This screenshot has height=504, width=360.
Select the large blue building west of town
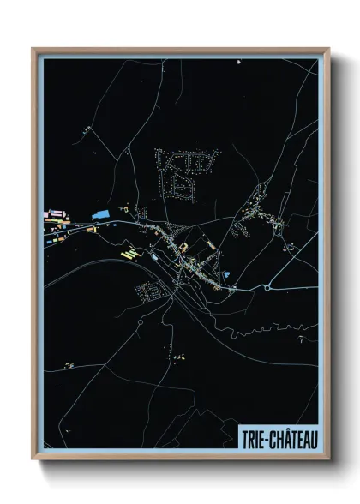click(100, 211)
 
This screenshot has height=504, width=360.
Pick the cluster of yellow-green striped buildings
click(129, 253)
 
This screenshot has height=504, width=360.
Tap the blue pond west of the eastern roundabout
click(226, 274)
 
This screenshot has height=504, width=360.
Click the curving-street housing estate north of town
click(183, 171)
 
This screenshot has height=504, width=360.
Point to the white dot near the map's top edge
click(238, 62)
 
